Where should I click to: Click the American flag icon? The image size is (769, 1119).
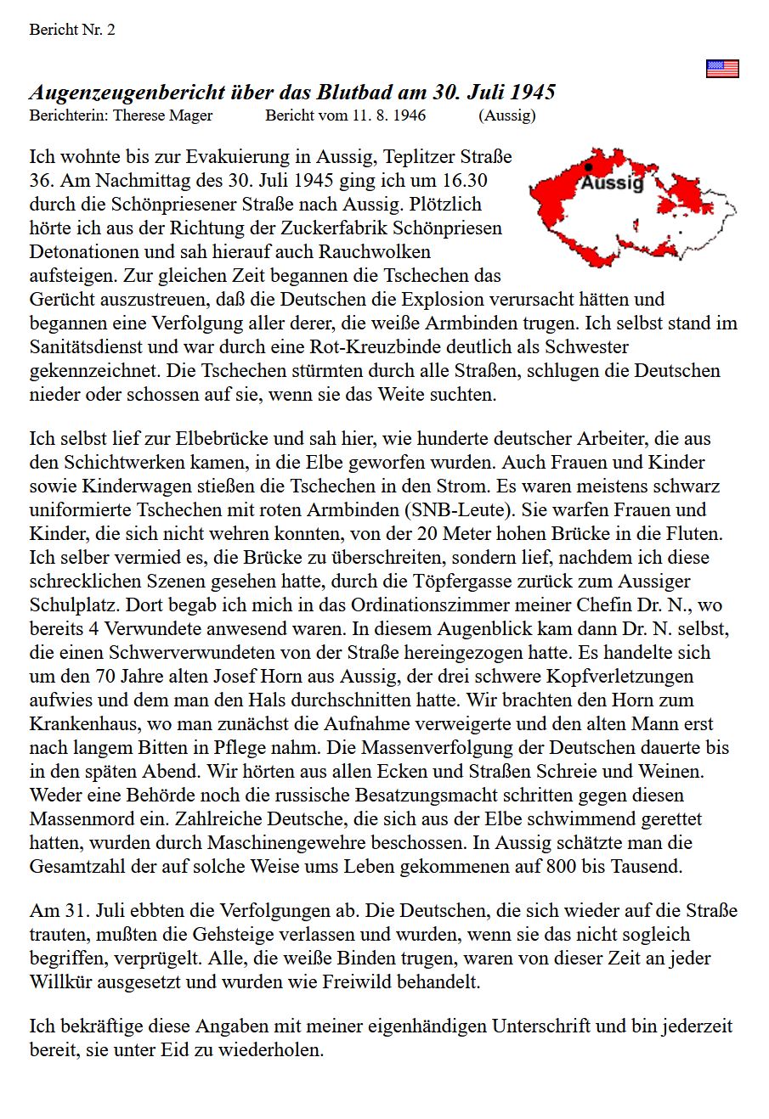pyautogui.click(x=722, y=69)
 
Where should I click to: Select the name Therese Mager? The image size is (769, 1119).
pyautogui.click(x=163, y=115)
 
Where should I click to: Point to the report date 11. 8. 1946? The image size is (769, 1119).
pyautogui.click(x=390, y=115)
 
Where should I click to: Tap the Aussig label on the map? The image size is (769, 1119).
pyautogui.click(x=613, y=183)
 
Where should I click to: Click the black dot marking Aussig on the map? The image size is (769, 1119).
pyautogui.click(x=588, y=168)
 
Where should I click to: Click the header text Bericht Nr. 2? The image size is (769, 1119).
pyautogui.click(x=72, y=30)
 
